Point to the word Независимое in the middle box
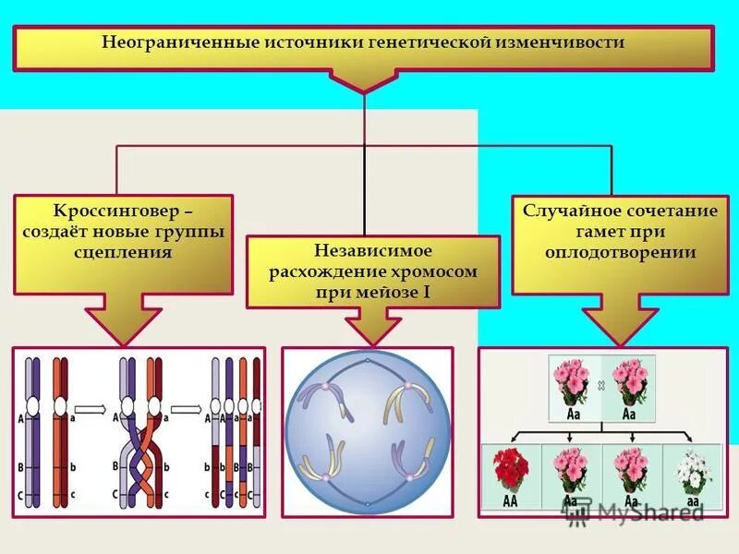click(x=372, y=250)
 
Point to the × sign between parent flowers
click(x=600, y=381)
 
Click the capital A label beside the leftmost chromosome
click(x=20, y=417)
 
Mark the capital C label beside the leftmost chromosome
click(x=20, y=496)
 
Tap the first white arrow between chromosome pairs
click(x=90, y=406)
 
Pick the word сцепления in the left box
click(x=123, y=252)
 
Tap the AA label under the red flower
click(x=510, y=501)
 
